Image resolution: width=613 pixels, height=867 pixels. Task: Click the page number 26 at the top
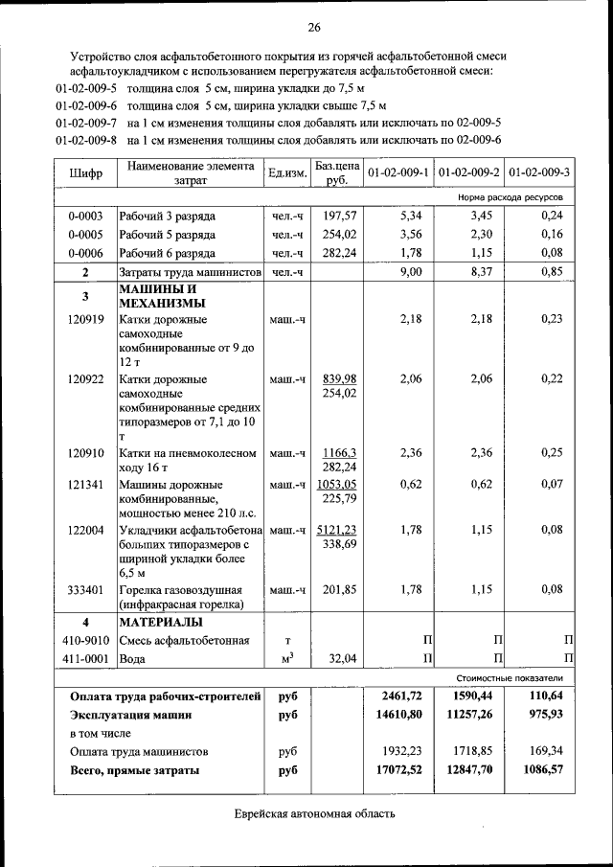coord(313,26)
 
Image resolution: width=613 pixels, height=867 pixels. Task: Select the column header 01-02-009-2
coord(468,172)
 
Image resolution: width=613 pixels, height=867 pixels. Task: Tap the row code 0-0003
coord(86,216)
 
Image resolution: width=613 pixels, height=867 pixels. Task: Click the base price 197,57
coord(339,216)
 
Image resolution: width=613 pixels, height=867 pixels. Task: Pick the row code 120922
coord(86,379)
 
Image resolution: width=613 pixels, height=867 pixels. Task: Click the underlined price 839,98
coord(339,379)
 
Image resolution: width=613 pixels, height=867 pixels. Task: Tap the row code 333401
coord(86,589)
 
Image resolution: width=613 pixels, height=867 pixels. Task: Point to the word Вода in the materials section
coord(133,659)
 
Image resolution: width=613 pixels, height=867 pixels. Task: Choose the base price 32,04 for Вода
coord(341,659)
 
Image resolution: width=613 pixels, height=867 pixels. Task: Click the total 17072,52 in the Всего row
coord(399,769)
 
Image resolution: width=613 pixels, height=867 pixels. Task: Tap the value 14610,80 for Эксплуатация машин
coord(399,715)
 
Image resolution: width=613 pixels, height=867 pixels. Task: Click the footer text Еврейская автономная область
coord(314,814)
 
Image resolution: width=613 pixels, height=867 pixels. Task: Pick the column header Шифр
coord(86,173)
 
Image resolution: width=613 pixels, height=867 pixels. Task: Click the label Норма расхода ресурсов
coord(510,196)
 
